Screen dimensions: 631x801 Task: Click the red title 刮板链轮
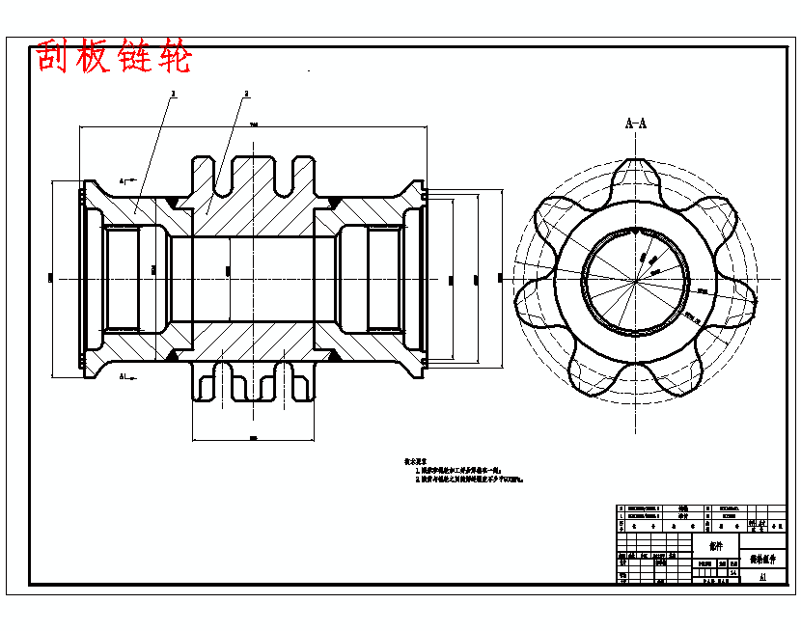[115, 58]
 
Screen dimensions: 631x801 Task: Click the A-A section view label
[635, 123]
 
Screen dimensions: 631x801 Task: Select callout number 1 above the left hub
[173, 94]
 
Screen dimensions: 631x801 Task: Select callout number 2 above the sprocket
[246, 94]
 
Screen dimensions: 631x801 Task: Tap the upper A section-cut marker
[124, 180]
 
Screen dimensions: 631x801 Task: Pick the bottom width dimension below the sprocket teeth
[253, 438]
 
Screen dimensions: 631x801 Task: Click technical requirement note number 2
[469, 479]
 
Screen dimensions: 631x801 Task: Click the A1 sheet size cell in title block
[762, 576]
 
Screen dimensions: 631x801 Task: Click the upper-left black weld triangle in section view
[174, 202]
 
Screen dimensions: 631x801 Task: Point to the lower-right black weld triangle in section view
[333, 355]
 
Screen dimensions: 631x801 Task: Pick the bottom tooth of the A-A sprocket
[635, 382]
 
